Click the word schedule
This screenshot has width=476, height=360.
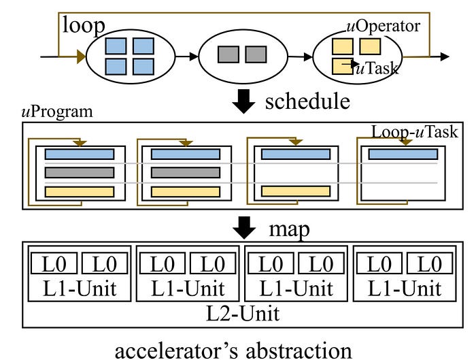[x=307, y=102]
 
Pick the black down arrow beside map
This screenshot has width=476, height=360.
[x=243, y=227]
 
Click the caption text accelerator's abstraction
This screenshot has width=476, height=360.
[x=233, y=349]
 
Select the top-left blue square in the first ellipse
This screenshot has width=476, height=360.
[x=116, y=46]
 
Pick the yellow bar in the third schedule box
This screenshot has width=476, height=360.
[x=295, y=191]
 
